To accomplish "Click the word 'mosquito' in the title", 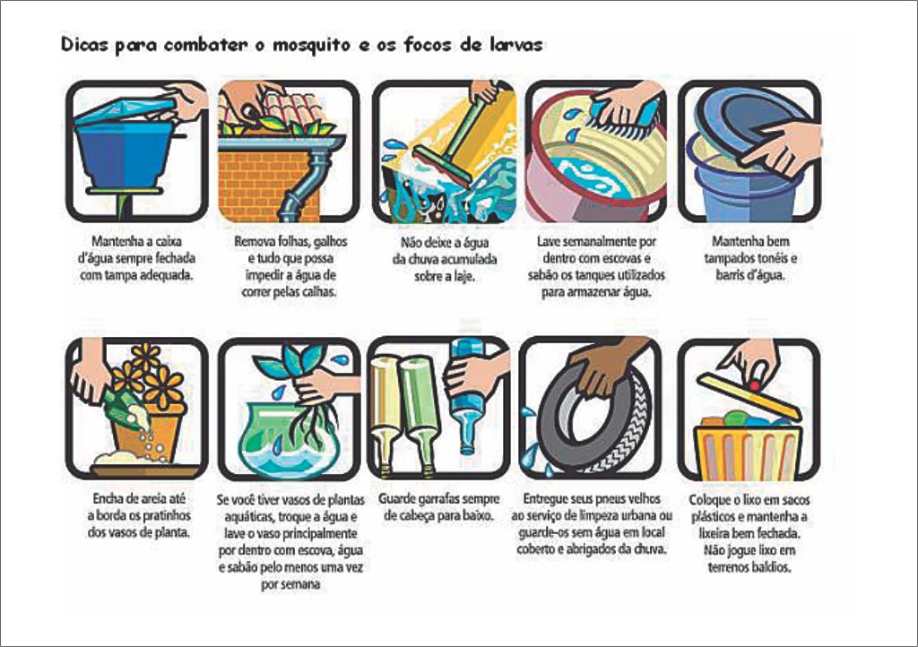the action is tap(311, 46).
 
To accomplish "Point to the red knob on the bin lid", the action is tap(755, 385).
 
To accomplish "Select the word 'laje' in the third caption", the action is tap(463, 276).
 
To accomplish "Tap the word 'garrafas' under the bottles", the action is tap(437, 499).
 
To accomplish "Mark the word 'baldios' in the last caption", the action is tap(772, 567).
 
